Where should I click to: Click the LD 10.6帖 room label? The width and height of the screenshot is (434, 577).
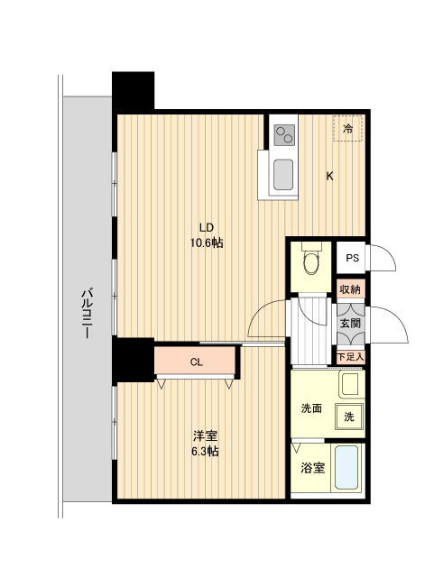click(x=207, y=235)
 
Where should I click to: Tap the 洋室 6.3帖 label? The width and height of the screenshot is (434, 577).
click(x=205, y=444)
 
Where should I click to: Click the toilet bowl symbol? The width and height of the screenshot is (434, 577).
click(x=311, y=261)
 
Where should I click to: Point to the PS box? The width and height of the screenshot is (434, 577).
click(x=351, y=258)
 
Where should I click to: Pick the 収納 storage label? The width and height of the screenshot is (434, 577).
click(x=350, y=289)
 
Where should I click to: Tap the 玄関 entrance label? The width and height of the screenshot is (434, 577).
click(x=350, y=324)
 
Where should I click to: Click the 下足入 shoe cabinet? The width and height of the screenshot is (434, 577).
click(x=351, y=357)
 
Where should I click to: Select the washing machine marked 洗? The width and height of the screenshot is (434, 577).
click(x=349, y=417)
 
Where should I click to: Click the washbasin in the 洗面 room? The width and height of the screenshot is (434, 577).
click(x=351, y=385)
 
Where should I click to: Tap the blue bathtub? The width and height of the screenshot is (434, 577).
click(x=346, y=467)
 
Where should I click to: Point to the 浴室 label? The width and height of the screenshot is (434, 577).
click(x=313, y=468)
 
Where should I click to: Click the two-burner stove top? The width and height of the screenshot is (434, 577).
click(x=285, y=135)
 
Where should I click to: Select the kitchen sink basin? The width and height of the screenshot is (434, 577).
click(x=283, y=174)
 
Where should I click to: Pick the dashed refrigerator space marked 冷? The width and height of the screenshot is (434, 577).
click(x=348, y=128)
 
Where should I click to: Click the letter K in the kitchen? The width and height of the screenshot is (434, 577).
click(x=329, y=177)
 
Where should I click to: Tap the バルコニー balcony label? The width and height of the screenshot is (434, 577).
click(x=87, y=313)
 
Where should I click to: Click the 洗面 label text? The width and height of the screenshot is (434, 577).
click(x=311, y=408)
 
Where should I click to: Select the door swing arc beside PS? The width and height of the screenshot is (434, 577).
click(x=383, y=258)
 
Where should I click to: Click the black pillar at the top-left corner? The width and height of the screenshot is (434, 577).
click(x=133, y=92)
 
